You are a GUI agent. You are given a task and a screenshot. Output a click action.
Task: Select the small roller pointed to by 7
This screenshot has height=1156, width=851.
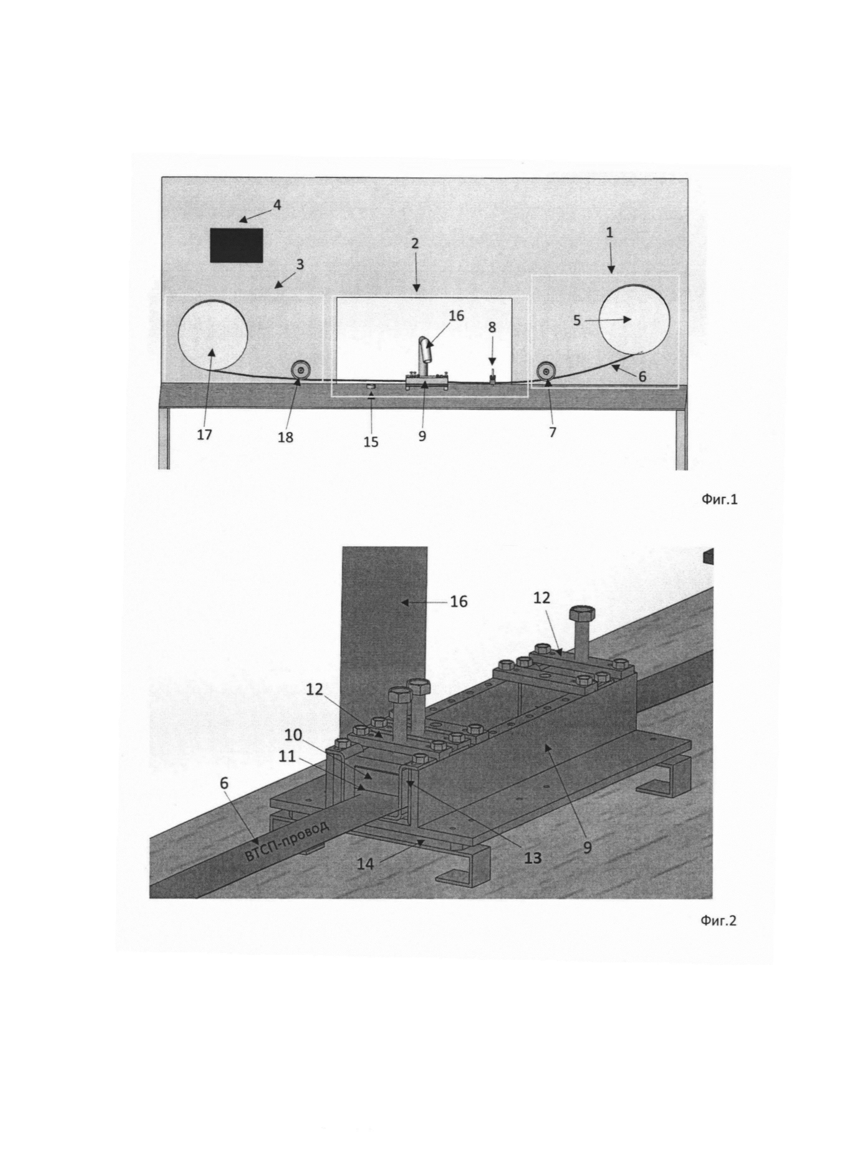[545, 371]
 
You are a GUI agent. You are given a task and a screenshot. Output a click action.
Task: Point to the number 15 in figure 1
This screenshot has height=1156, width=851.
[371, 442]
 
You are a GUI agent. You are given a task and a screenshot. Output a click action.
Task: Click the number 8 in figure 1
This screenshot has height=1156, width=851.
[492, 327]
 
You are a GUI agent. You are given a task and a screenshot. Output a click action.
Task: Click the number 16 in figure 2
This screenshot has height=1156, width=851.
[458, 602]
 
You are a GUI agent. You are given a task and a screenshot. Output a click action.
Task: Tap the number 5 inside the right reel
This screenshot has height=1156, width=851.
[577, 320]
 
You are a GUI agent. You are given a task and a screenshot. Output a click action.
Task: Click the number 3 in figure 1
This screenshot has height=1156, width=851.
[299, 264]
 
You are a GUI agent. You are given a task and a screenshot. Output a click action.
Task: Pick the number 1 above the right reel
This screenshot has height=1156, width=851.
[610, 232]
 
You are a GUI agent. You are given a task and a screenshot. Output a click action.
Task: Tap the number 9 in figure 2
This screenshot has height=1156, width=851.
[588, 847]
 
